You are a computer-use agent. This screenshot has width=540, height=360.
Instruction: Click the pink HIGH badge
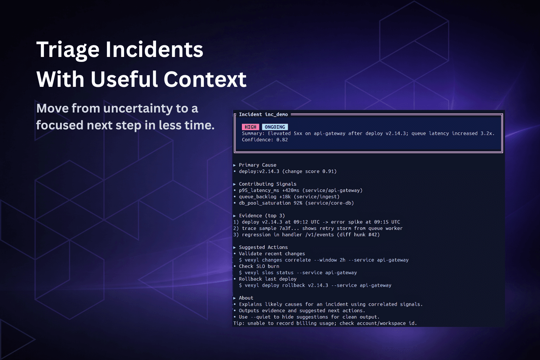250,127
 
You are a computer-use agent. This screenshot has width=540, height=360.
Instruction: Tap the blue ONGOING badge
275,127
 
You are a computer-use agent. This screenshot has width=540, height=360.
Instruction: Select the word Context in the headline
205,79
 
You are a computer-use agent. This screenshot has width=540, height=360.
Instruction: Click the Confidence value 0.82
282,140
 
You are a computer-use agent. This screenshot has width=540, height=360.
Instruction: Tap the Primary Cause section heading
257,165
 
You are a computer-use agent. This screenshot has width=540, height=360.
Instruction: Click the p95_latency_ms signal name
259,190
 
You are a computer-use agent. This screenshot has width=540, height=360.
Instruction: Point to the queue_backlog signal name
257,197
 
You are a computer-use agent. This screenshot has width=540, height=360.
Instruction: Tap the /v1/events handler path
320,234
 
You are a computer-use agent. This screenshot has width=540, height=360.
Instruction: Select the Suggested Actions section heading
263,247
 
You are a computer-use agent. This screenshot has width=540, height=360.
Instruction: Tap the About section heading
246,298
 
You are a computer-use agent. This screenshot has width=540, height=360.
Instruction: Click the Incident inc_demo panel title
263,114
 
